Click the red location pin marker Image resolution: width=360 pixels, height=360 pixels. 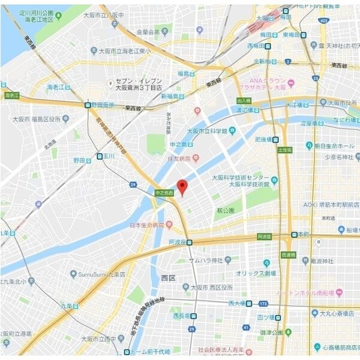(x=182, y=185)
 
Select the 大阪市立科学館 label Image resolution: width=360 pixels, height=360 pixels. (x=207, y=131)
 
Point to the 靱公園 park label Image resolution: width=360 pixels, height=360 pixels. (x=225, y=211)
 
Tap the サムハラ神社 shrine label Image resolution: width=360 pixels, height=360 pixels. (x=206, y=260)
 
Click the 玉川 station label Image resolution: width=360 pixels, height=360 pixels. (x=109, y=156)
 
